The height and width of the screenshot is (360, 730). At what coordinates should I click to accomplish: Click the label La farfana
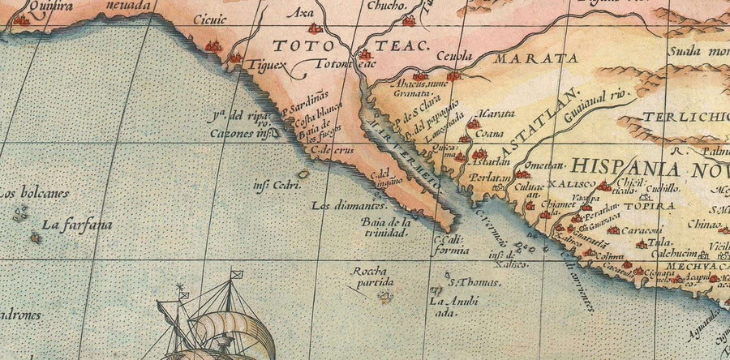78,225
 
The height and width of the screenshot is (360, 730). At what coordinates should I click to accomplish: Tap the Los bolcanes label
33,194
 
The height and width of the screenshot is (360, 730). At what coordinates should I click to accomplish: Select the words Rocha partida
372,276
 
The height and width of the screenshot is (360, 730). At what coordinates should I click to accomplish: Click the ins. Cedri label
272,185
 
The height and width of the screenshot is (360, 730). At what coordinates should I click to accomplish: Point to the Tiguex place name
268,64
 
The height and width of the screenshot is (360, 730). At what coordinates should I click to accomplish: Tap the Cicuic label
211,19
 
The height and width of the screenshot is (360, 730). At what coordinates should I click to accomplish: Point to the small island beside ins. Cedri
303,174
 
